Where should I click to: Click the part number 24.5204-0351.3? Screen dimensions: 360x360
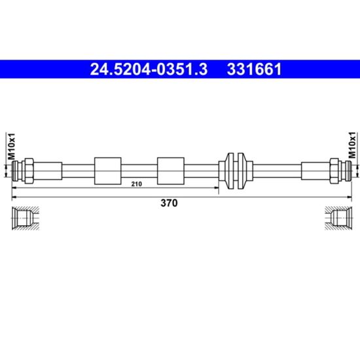coord(149,69)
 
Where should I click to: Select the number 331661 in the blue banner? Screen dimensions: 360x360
coord(254,69)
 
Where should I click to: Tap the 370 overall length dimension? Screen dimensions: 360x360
coord(169,203)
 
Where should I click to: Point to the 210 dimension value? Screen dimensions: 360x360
coord(137,184)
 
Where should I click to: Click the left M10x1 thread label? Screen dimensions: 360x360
coord(11,146)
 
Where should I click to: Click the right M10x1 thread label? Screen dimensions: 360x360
coord(352,145)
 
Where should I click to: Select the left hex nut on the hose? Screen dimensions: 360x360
coord(29,171)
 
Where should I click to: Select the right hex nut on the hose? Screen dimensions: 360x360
coord(334,171)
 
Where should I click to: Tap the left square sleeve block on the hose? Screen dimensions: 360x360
coord(108,171)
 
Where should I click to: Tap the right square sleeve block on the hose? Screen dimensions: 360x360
coord(171,171)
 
